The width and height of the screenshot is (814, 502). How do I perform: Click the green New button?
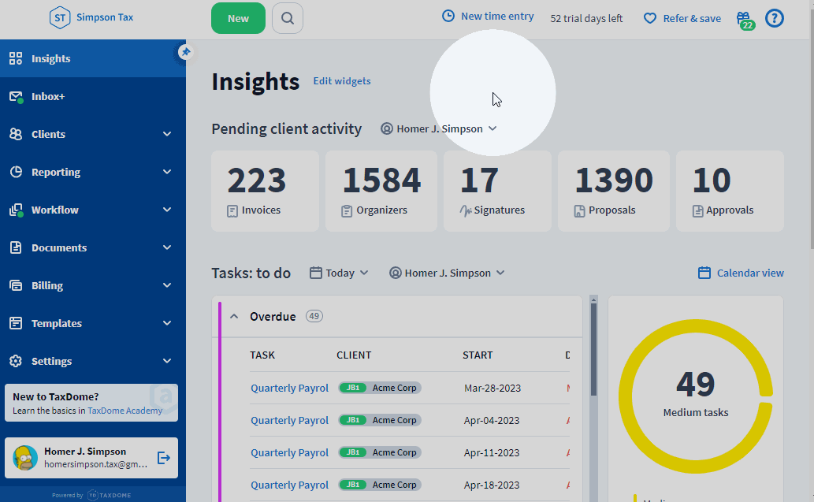(238, 18)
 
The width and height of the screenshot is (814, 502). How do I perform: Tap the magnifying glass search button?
(288, 18)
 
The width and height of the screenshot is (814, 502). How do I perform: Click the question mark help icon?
(775, 18)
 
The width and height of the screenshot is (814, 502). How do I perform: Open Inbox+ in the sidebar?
(48, 96)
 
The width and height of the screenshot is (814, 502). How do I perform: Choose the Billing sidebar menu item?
(47, 285)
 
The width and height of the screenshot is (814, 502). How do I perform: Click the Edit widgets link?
(342, 81)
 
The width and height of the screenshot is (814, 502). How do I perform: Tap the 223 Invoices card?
(265, 191)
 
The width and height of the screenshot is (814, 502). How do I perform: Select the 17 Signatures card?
(497, 191)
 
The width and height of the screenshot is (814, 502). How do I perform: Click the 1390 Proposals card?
(613, 191)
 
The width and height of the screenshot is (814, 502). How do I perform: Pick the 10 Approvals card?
(730, 191)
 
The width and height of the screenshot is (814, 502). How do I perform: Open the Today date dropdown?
(340, 273)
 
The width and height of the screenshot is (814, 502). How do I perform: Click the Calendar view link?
(742, 273)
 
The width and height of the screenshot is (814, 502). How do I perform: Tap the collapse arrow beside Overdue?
(234, 317)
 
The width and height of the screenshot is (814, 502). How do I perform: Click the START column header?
(478, 355)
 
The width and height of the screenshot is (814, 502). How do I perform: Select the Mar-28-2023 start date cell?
(492, 388)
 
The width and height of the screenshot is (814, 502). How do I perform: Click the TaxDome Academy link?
(125, 411)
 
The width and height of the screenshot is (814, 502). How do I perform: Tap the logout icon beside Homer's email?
(164, 457)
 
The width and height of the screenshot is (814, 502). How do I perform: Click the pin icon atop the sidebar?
(185, 52)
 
